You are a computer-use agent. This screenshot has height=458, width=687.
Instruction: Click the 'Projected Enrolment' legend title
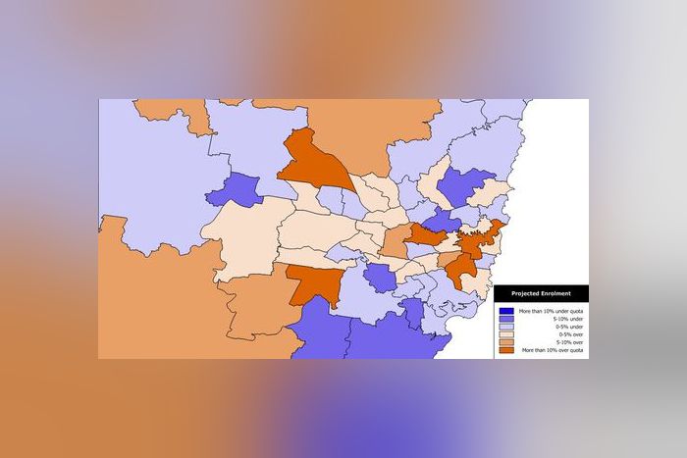click(x=540, y=293)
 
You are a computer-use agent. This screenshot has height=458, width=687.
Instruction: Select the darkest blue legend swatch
click(x=506, y=310)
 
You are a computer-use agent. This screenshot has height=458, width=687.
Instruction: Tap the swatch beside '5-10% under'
click(x=506, y=318)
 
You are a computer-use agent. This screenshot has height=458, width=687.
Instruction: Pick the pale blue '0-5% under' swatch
click(x=506, y=326)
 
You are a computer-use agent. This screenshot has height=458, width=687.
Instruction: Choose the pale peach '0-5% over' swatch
click(x=506, y=334)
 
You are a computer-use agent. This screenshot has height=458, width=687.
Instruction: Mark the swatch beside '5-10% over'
click(x=506, y=342)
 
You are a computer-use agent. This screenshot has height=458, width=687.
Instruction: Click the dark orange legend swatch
click(x=506, y=350)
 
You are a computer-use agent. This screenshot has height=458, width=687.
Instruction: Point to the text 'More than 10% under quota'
click(x=553, y=310)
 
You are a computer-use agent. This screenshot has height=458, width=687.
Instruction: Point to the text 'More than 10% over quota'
click(x=554, y=350)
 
